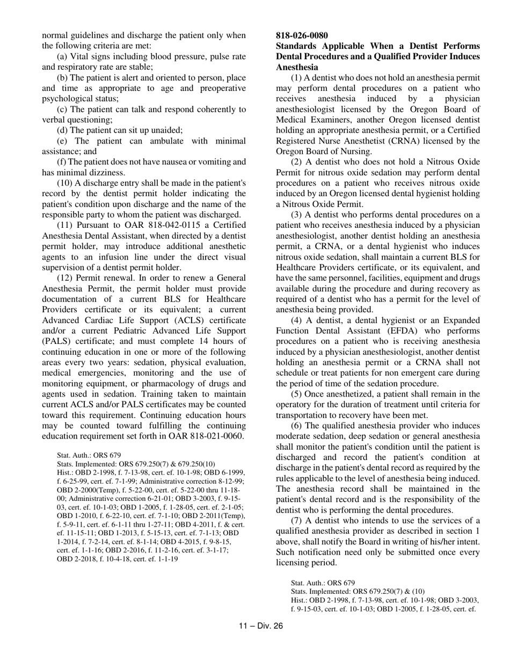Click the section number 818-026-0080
tap(302, 35)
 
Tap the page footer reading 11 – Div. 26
tap(260, 626)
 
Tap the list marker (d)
tap(63, 130)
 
